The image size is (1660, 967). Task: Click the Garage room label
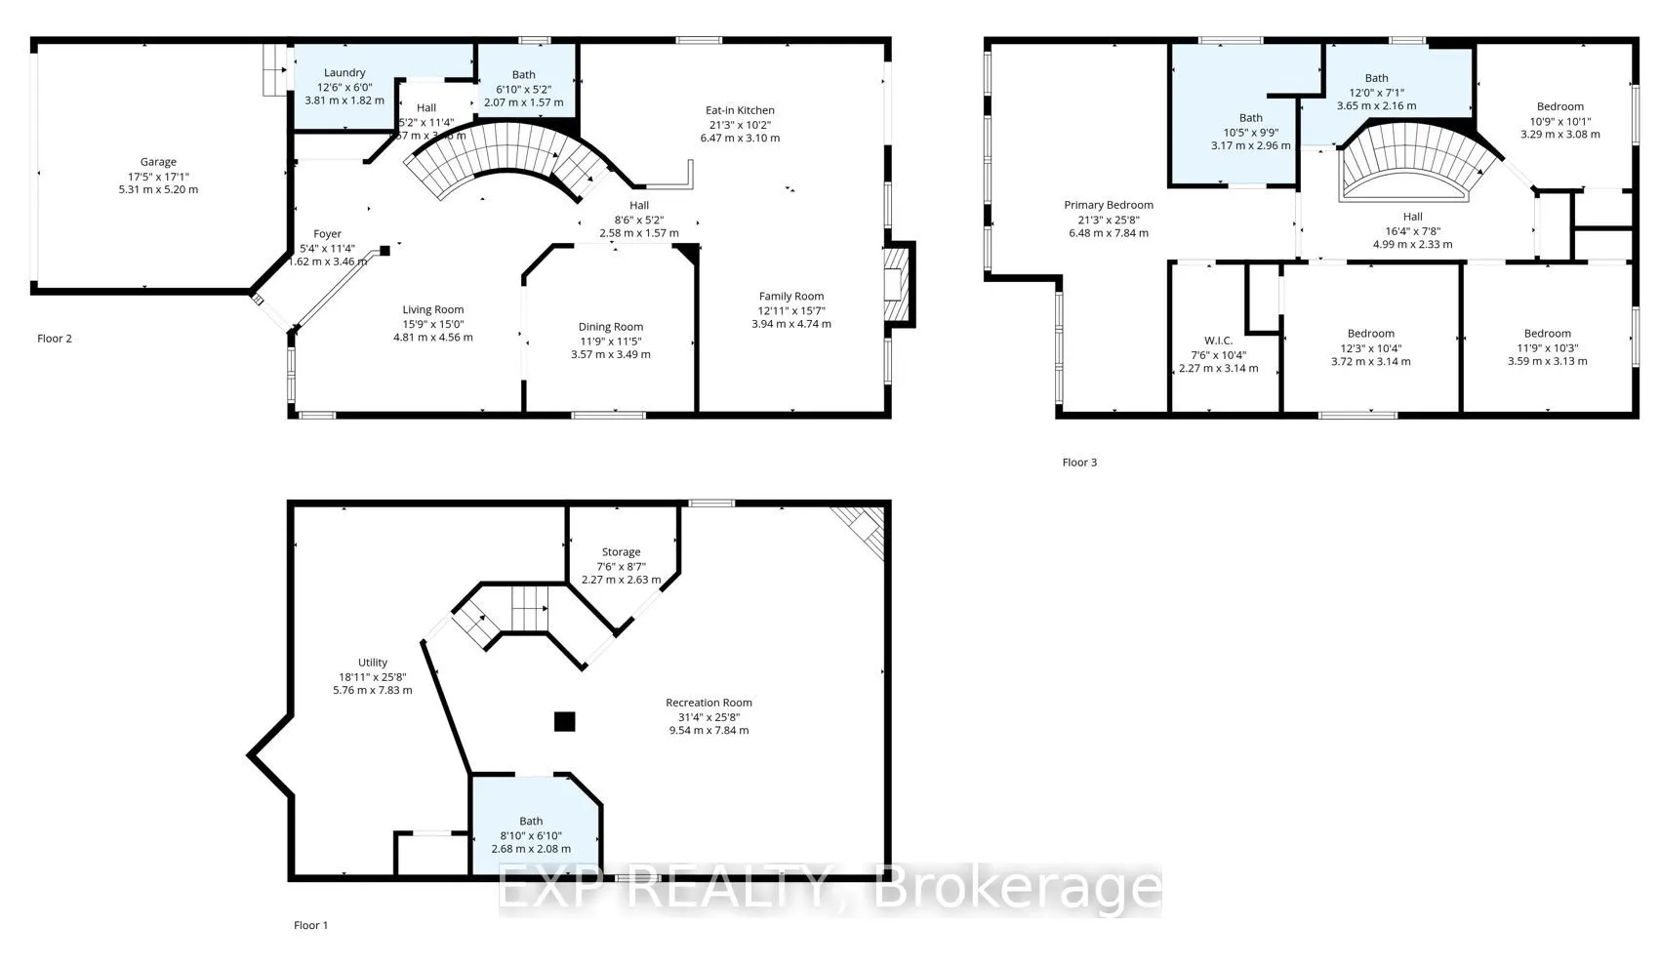click(x=158, y=162)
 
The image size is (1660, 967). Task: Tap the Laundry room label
click(x=344, y=72)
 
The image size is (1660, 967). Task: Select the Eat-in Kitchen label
click(x=740, y=110)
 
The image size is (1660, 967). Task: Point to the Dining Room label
click(x=610, y=327)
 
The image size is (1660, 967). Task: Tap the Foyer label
click(x=327, y=234)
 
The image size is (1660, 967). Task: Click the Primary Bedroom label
click(x=1109, y=205)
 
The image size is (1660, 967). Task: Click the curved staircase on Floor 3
click(x=1411, y=161)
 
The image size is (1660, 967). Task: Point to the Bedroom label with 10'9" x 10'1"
click(x=1559, y=106)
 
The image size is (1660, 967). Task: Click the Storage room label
click(x=621, y=552)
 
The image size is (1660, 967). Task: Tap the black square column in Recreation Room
click(x=564, y=722)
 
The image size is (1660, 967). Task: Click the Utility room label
click(x=372, y=663)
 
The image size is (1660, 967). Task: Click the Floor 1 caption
click(x=311, y=925)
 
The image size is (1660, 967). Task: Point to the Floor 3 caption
click(x=1079, y=463)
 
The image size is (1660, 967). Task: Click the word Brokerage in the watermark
click(x=1017, y=889)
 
